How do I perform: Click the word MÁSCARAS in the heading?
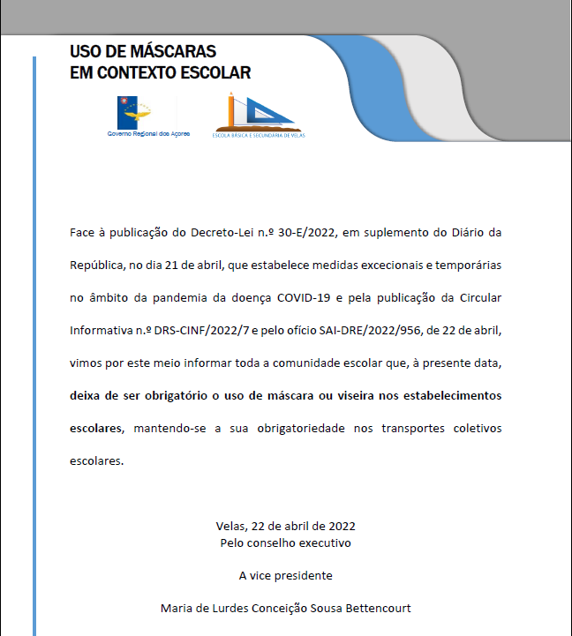(x=173, y=52)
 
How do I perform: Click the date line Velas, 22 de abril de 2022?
(x=285, y=526)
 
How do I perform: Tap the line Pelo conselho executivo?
(x=285, y=542)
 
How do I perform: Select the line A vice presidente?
(x=285, y=575)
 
